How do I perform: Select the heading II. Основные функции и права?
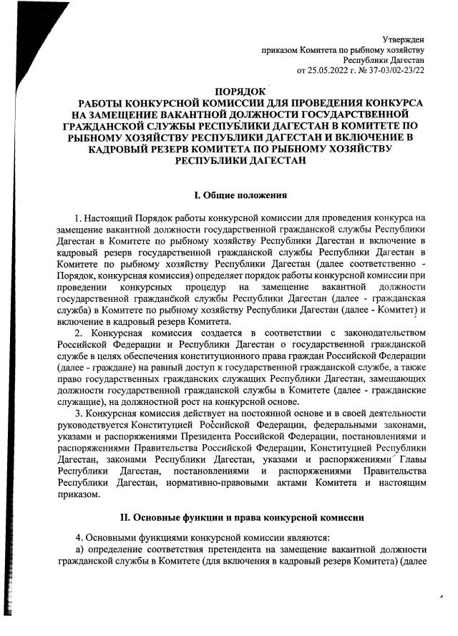tap(236, 517)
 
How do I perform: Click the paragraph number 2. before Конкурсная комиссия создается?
tap(79, 333)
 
